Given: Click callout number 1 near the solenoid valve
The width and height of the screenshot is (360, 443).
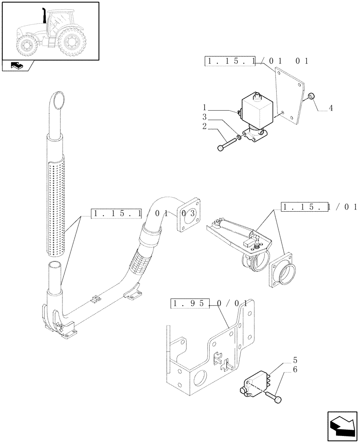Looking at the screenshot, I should (x=205, y=107).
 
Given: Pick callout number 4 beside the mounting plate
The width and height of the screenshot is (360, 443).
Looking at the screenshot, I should (x=331, y=108).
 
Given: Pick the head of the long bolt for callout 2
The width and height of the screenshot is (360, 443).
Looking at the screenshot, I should (x=221, y=148).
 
